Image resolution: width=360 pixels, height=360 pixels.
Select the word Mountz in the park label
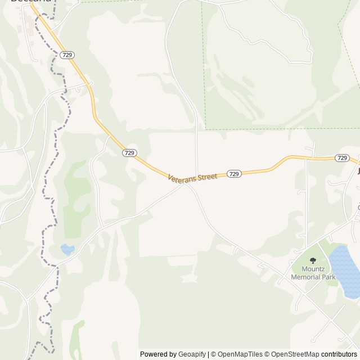[313, 269]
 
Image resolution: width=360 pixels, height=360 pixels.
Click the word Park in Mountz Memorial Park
[328, 277]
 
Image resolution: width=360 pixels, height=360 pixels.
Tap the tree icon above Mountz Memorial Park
[313, 260]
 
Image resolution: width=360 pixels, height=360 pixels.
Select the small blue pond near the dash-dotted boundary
[67, 249]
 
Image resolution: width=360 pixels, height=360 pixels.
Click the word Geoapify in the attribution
[192, 354]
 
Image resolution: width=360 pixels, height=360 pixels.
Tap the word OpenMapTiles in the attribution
[240, 354]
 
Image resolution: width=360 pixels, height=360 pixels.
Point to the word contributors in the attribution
[339, 354]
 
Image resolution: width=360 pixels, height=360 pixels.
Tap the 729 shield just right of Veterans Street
[235, 174]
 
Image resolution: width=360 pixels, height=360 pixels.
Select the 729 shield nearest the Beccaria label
[67, 55]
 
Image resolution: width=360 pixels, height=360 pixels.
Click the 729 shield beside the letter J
[341, 158]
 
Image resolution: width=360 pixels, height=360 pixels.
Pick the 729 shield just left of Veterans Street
[130, 152]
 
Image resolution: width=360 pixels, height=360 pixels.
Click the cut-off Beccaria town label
[31, 2]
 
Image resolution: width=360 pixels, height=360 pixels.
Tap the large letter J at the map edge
[358, 170]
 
